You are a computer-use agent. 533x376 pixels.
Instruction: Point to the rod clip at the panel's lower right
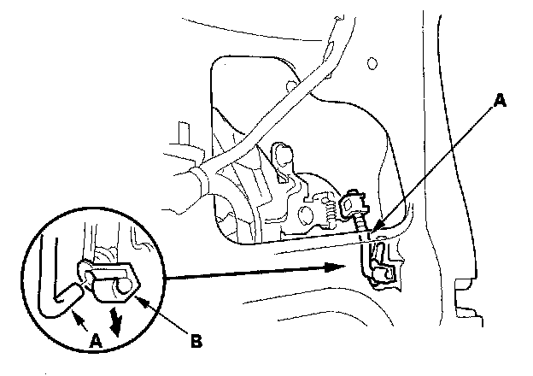tap(378, 261)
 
